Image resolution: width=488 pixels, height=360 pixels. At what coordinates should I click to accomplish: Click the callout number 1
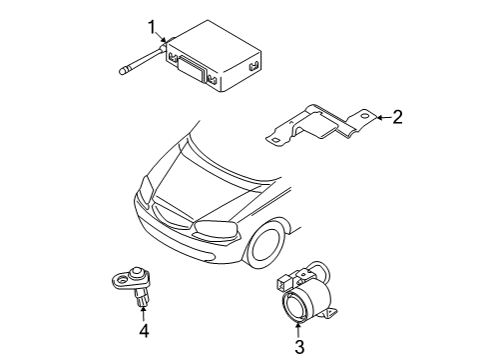[x=153, y=26]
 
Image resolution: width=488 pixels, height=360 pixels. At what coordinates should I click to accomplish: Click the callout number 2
[x=397, y=119]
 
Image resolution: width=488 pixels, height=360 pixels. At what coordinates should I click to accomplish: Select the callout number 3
[x=298, y=348]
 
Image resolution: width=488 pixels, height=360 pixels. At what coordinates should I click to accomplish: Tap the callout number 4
[x=144, y=329]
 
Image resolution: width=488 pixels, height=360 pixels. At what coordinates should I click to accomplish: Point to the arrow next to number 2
[x=380, y=119]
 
